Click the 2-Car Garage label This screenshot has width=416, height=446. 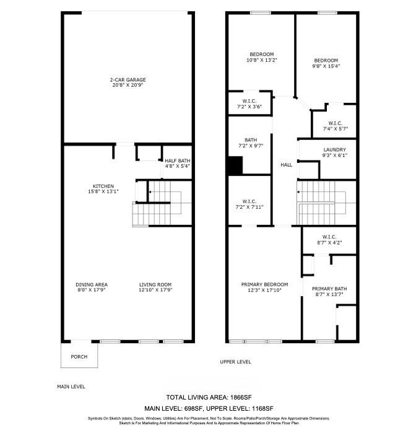[x=128, y=80]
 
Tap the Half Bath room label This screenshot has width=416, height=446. [x=177, y=161]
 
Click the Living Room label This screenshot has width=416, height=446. [x=154, y=285]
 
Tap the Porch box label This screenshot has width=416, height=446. [x=79, y=357]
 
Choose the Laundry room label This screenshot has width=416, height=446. [x=334, y=150]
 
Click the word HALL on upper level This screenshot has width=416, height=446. [x=286, y=165]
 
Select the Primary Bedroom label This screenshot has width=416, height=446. [x=264, y=285]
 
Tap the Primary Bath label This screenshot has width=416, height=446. [x=327, y=289]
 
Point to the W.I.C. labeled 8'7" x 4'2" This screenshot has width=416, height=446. [x=329, y=237]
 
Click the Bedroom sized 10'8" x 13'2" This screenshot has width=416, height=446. [x=261, y=55]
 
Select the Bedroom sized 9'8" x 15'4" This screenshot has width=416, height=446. [x=326, y=60]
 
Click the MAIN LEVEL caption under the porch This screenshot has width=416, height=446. [x=71, y=386]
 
